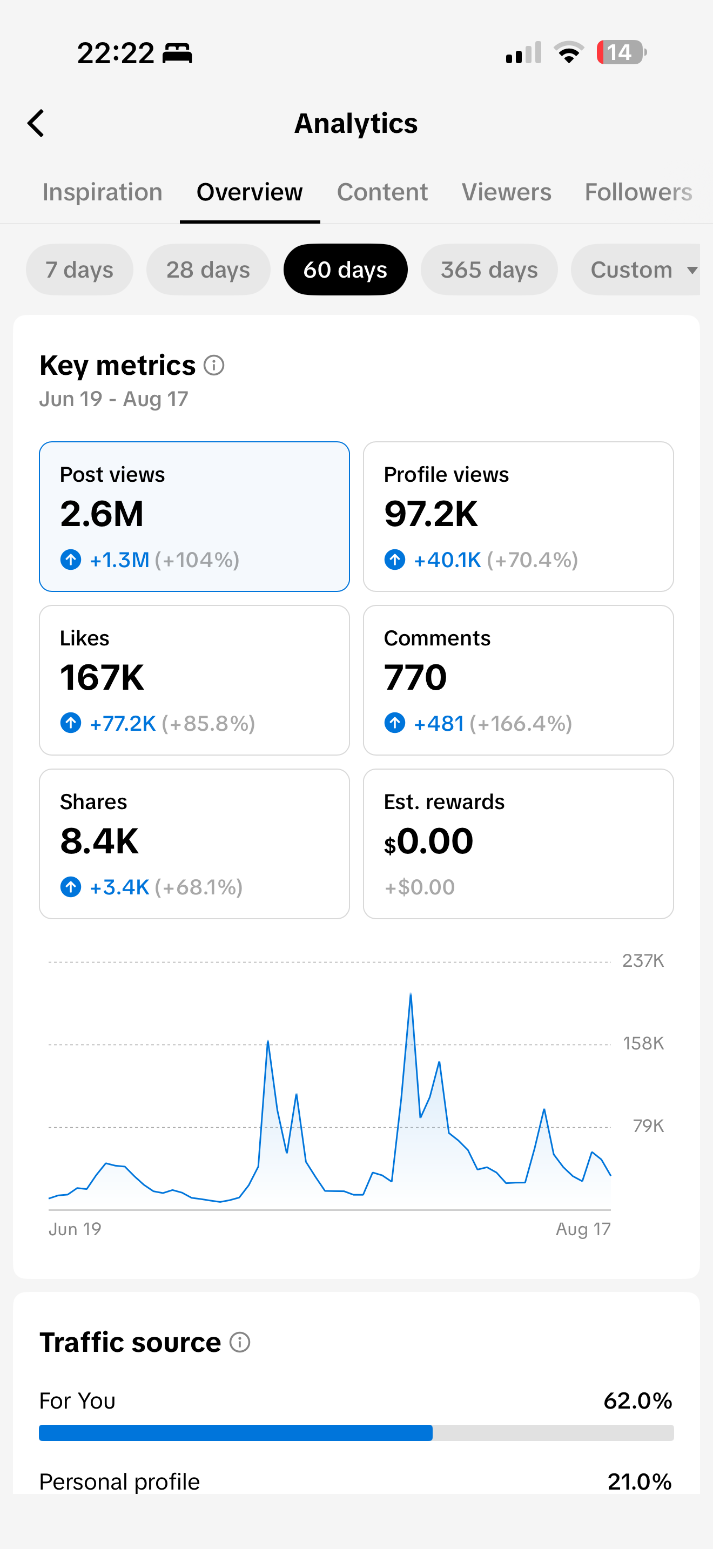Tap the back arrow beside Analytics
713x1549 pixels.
(x=36, y=123)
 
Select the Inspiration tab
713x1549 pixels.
(x=102, y=192)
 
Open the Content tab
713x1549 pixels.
(x=382, y=192)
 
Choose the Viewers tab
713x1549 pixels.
(x=506, y=192)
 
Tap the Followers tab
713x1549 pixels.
(x=638, y=192)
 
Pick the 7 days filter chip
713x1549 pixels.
(x=79, y=270)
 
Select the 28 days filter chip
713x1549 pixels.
(x=208, y=270)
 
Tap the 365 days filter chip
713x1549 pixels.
(x=489, y=270)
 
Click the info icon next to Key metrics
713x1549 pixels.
(x=214, y=365)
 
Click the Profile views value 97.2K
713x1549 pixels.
(x=431, y=514)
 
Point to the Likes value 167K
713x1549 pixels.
(x=102, y=678)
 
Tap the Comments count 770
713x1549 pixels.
(x=415, y=678)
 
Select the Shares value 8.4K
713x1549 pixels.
(x=99, y=841)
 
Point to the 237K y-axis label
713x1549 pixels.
(x=643, y=961)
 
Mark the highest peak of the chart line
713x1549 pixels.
(x=411, y=994)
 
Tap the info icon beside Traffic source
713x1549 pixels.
(x=240, y=1342)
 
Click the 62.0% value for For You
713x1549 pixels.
(x=638, y=1400)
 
